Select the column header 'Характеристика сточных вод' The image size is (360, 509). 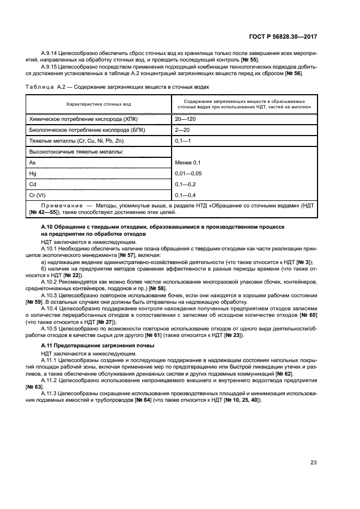[99, 103]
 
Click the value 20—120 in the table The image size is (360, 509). [185, 118]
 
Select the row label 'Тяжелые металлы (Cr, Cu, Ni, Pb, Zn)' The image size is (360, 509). [75, 140]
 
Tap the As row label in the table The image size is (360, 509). [32, 162]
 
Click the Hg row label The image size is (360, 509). [32, 173]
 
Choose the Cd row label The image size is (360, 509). [32, 184]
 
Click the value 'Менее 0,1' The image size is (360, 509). [188, 162]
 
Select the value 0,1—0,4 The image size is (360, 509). [185, 195]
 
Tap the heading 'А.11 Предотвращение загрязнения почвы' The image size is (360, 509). [90, 346]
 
